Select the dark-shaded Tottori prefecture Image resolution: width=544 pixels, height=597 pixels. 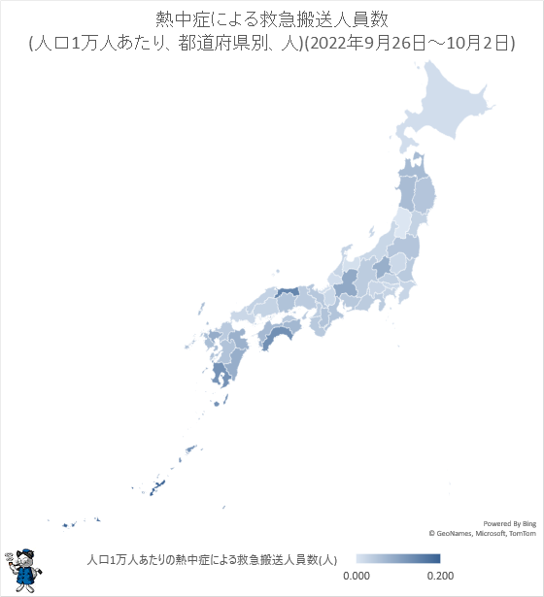[x=288, y=291]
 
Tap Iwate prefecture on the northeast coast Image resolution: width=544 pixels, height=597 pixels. [x=424, y=194]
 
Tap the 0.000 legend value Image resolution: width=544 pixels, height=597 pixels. [x=356, y=576]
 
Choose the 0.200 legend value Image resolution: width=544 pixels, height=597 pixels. [x=428, y=576]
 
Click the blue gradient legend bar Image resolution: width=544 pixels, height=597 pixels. [x=397, y=559]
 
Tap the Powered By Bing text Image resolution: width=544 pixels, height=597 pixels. [x=509, y=522]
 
